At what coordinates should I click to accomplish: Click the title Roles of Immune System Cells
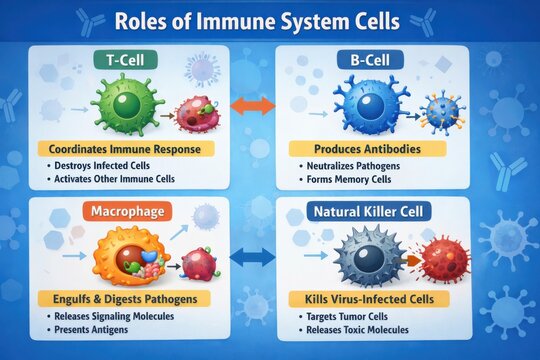(270, 22)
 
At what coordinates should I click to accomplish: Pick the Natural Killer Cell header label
(372, 212)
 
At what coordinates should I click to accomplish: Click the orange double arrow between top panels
(253, 105)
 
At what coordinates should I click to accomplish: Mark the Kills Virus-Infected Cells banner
(373, 299)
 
